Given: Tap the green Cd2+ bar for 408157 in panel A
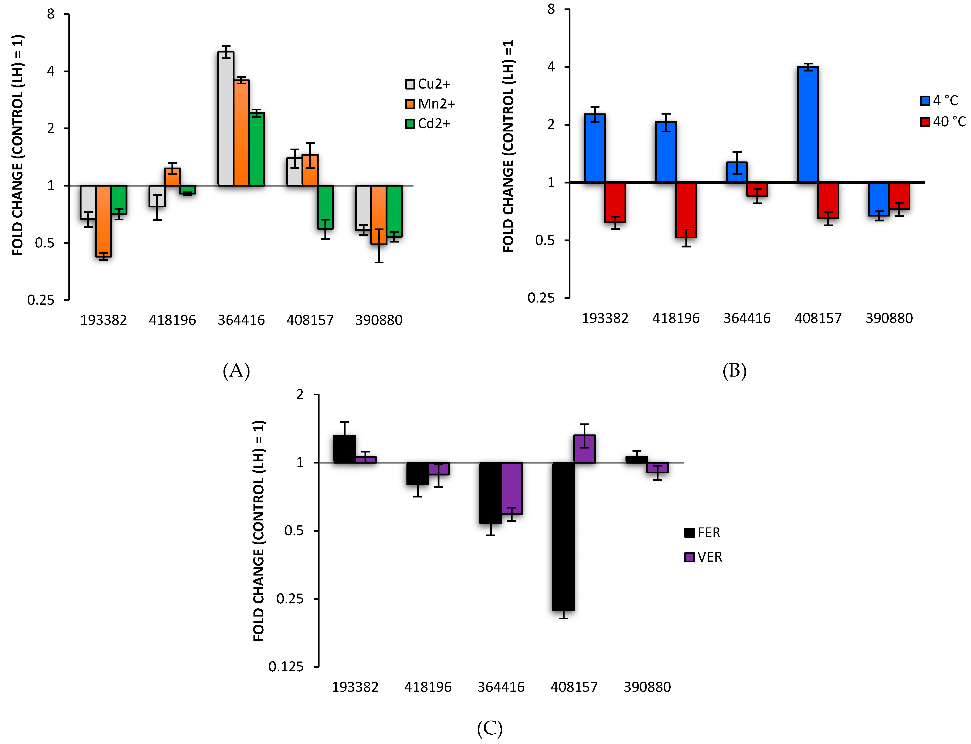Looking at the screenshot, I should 325,207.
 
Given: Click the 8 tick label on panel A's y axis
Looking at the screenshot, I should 51,14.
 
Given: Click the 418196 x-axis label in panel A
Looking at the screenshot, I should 172,320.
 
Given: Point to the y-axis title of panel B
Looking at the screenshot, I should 508,146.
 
